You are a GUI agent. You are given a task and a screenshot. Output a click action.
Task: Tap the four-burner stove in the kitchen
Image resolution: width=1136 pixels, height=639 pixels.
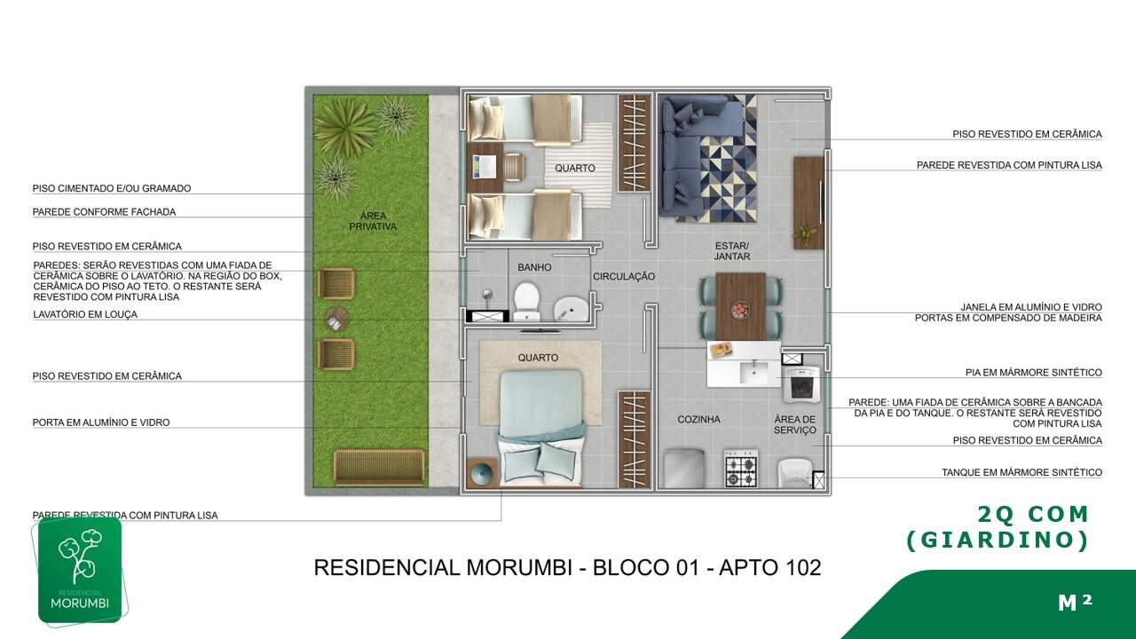741,468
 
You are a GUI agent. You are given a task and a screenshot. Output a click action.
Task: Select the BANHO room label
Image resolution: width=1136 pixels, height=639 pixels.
534,267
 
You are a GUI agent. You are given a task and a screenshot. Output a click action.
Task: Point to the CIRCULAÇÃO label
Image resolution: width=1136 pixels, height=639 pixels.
624,276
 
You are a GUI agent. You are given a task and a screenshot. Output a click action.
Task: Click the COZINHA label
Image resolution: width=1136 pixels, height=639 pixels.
698,420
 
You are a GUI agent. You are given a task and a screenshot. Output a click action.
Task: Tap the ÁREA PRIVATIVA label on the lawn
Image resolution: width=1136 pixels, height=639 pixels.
373,221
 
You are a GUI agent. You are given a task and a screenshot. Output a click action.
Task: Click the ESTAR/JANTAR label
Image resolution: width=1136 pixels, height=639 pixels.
732,251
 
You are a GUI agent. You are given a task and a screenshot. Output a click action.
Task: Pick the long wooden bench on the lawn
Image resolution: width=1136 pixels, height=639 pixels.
379,467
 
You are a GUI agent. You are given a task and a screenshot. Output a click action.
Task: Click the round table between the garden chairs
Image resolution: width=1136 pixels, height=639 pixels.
336,319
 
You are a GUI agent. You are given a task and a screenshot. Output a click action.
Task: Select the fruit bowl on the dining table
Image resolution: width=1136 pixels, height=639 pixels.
741,310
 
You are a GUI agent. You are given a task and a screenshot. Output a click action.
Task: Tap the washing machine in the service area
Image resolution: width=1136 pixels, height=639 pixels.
801,384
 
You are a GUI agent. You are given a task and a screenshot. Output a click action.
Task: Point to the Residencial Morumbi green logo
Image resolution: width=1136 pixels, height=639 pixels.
80,570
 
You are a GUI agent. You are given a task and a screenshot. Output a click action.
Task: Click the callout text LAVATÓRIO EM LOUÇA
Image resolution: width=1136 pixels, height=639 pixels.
85,314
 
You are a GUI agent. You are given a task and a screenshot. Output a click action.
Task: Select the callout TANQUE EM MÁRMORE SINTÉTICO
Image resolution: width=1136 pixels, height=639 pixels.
1022,472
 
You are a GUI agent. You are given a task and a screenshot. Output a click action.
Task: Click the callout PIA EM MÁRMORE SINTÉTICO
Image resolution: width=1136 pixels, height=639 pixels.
1034,372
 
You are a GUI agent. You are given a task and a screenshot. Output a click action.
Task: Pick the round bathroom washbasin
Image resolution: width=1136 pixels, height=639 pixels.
571,308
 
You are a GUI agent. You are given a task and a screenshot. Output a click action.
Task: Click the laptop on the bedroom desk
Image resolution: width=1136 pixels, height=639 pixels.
484,166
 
